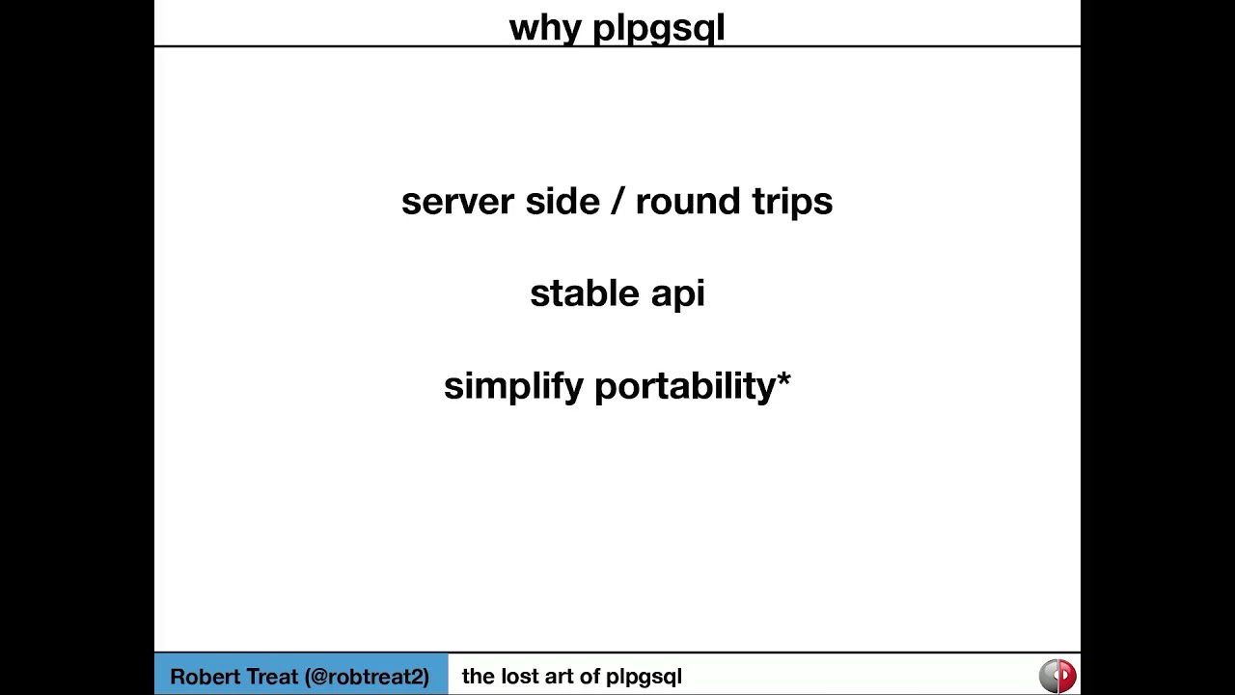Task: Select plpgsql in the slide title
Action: click(658, 28)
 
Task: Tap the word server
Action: click(457, 201)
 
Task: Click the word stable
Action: click(585, 293)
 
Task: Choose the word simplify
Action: click(513, 386)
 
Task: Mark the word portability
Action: click(685, 386)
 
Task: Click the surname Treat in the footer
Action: click(268, 677)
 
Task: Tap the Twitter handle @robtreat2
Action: click(367, 677)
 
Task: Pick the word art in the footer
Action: click(561, 676)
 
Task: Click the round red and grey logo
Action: click(1057, 676)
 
